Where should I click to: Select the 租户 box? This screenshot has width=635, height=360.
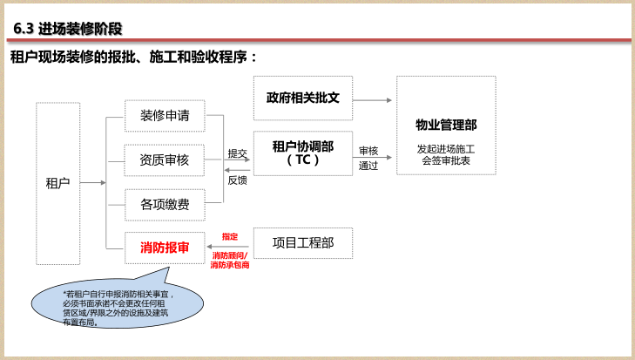point(57,183)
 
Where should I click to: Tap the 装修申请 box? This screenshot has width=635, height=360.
point(165,115)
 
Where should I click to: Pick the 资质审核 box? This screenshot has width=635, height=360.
point(165,160)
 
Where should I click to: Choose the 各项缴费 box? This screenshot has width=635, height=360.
point(165,205)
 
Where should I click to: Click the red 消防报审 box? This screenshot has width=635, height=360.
point(165,248)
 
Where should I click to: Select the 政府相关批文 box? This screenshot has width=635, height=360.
point(302,98)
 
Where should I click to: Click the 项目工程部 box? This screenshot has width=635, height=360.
point(302,243)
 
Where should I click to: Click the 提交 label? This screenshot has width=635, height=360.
point(237,153)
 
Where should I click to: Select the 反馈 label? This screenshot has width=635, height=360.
point(237,180)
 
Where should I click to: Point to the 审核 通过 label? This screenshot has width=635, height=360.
point(368,158)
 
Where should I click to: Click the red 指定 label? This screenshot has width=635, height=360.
point(229,236)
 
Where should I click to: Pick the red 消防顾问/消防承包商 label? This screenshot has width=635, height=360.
point(229,260)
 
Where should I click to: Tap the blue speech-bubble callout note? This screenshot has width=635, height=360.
point(118,305)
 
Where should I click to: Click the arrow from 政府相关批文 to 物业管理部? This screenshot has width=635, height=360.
point(373,99)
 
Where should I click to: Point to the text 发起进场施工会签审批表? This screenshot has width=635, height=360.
point(446,155)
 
